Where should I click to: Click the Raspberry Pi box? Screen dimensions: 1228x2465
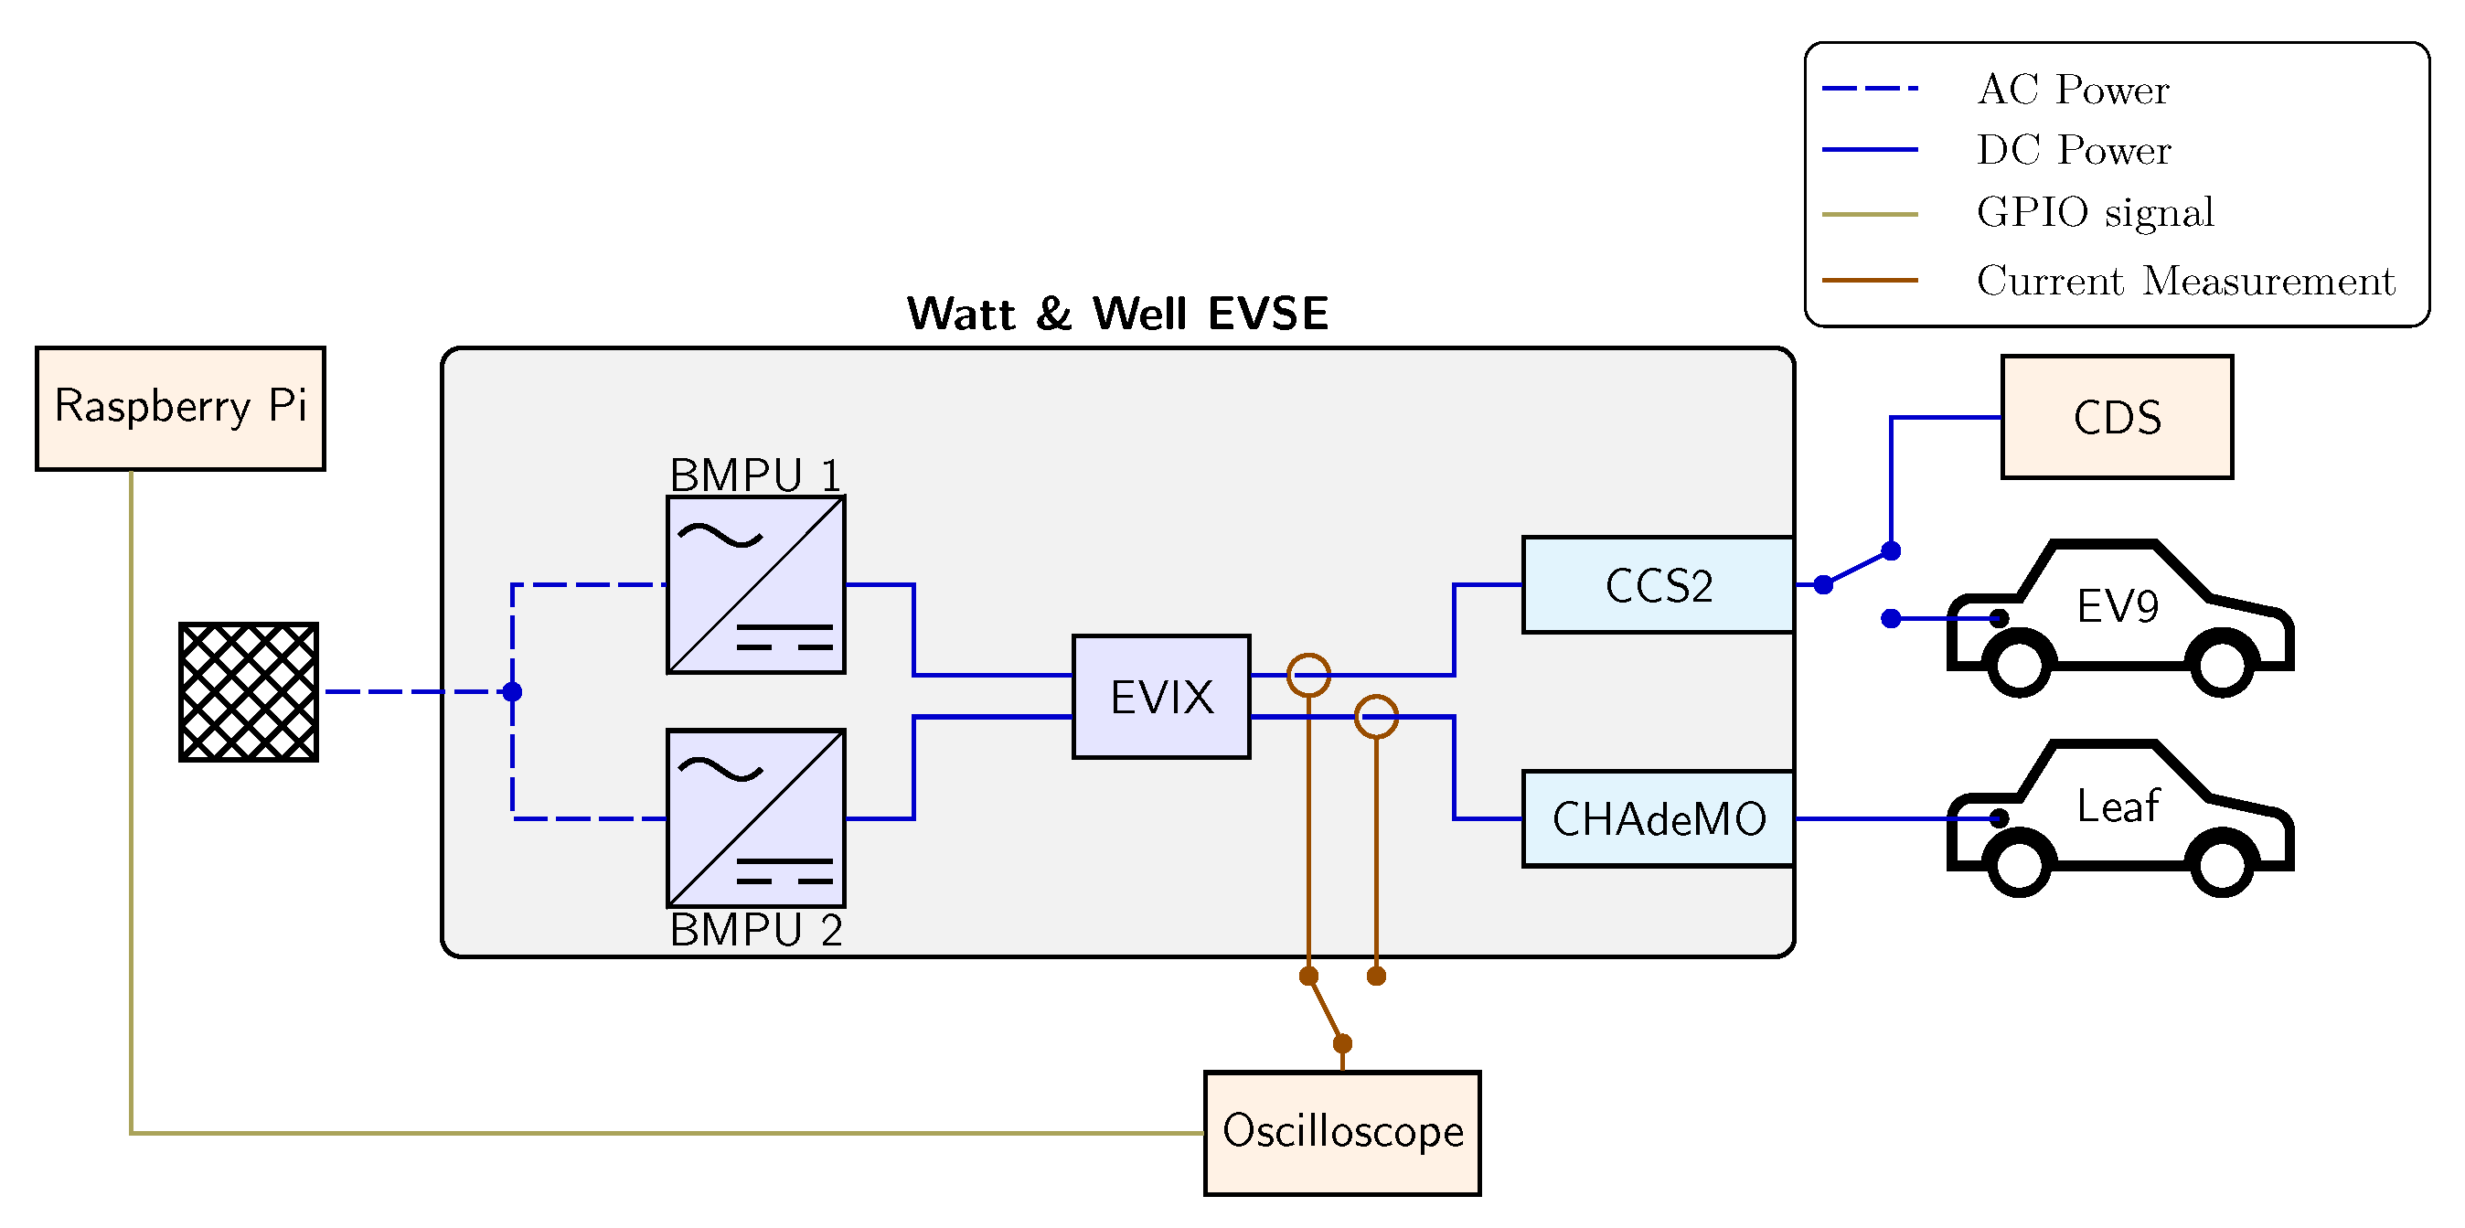point(180,408)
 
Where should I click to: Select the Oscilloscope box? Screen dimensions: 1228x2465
point(1341,1132)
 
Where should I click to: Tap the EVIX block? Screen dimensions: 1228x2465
point(1161,696)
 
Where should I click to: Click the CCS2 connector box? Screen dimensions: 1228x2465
point(1658,585)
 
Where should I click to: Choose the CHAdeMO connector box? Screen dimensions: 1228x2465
point(1658,818)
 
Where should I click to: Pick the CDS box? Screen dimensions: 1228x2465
point(2116,417)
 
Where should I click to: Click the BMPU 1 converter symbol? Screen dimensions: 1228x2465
point(755,585)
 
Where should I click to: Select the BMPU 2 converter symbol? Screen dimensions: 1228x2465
point(755,818)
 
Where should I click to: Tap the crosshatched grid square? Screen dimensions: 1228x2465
point(248,691)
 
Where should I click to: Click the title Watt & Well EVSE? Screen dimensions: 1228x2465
point(1116,313)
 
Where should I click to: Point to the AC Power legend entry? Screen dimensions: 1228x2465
point(2073,89)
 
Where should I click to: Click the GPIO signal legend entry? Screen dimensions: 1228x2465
point(2094,211)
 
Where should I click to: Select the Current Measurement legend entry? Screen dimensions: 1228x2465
point(2184,281)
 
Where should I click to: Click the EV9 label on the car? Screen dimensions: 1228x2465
point(2117,606)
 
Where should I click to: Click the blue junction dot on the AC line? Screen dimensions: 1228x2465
point(512,691)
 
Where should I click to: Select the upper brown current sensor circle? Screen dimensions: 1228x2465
point(1308,675)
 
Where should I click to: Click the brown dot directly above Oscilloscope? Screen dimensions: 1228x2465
point(1341,1042)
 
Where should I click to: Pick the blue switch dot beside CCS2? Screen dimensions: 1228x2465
point(1823,585)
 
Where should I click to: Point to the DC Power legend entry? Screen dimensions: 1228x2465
point(2073,150)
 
